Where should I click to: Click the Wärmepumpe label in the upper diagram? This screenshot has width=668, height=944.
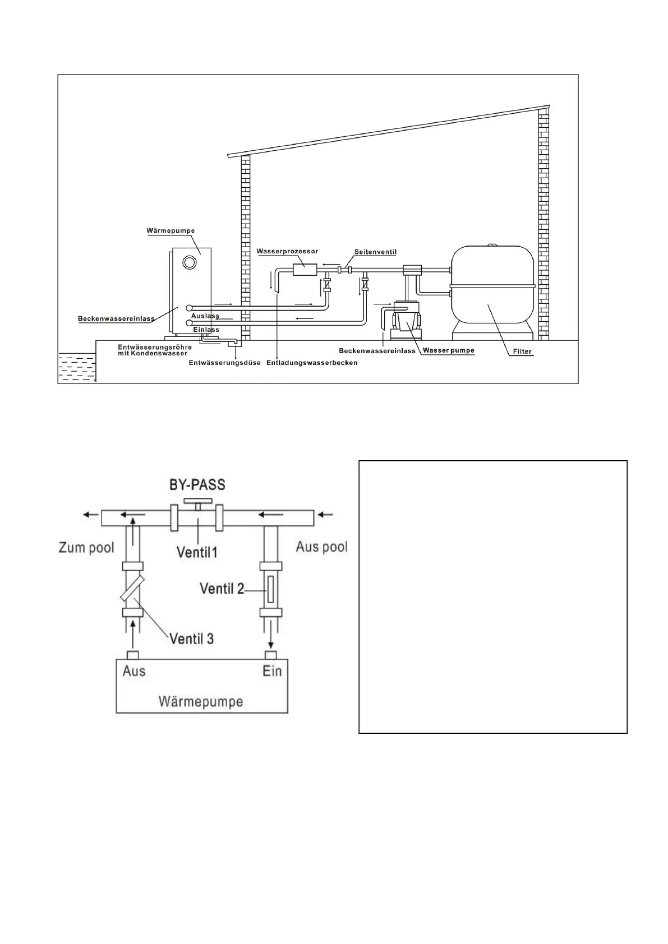tap(171, 230)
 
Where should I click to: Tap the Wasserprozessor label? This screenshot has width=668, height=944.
tap(287, 252)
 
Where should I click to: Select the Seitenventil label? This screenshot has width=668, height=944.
tap(375, 252)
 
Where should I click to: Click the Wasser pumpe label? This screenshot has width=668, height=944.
tap(449, 351)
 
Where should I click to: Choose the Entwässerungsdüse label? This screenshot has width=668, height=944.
tap(224, 363)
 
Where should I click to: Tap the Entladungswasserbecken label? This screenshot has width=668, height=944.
tap(312, 363)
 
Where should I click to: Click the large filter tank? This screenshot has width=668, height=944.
tap(492, 287)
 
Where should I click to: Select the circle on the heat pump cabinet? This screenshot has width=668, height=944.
tap(190, 262)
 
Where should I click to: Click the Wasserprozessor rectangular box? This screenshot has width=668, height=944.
tap(305, 270)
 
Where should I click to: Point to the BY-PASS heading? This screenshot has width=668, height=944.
tap(197, 484)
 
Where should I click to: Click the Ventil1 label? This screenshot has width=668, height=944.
tap(197, 552)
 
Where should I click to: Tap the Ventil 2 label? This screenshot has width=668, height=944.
tap(222, 589)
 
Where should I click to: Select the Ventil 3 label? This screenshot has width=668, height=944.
tap(192, 638)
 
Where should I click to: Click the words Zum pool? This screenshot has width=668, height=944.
tap(86, 548)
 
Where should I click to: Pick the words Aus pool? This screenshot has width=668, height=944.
tap(321, 547)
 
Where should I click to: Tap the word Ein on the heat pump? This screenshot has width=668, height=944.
tap(272, 670)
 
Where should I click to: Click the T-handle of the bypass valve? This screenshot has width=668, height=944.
tap(198, 502)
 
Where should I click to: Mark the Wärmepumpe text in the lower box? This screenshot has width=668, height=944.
tap(201, 701)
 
